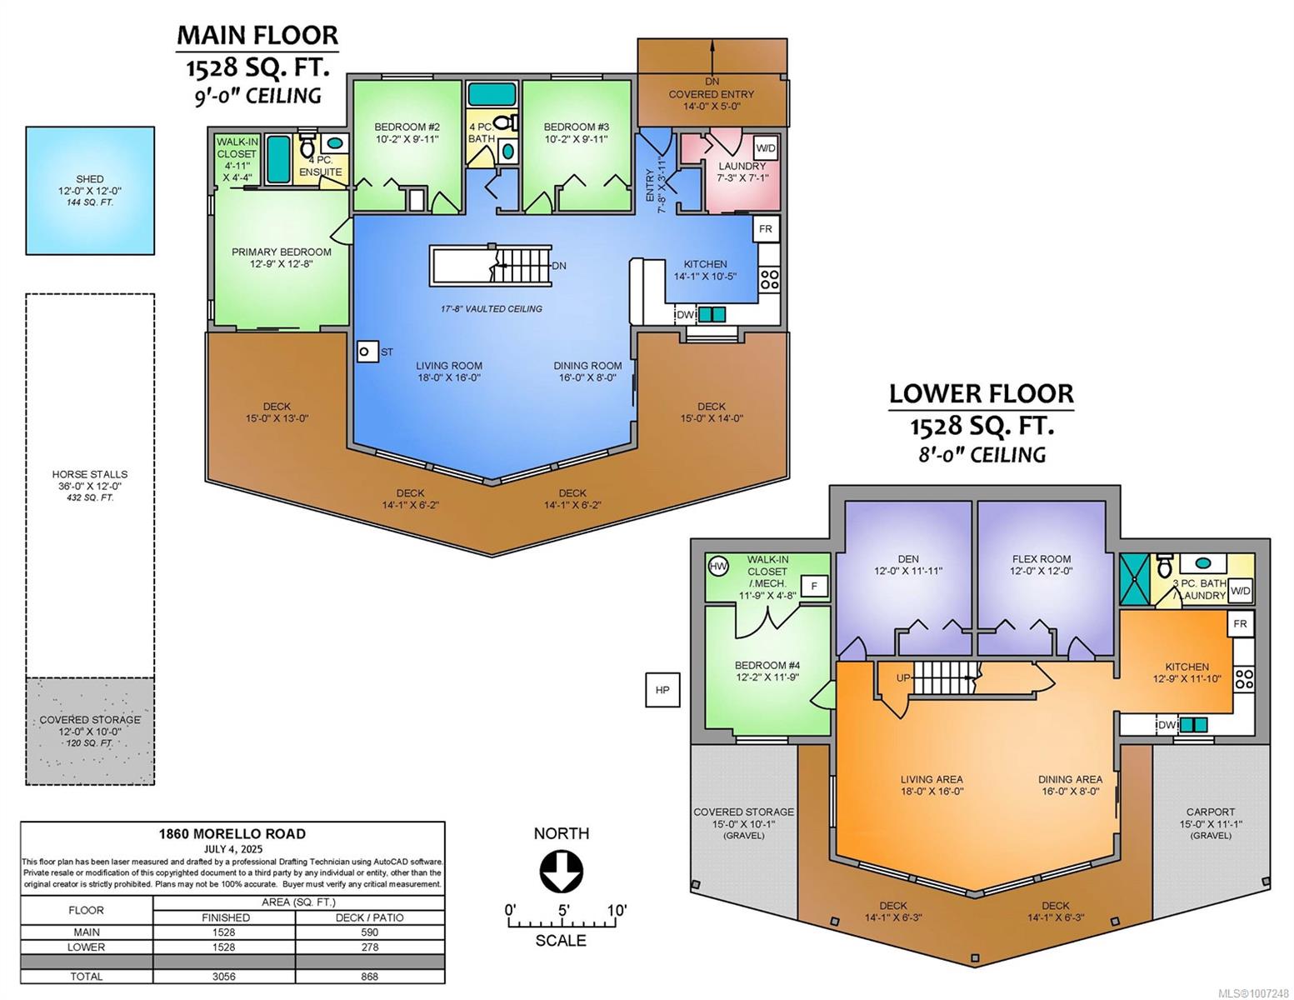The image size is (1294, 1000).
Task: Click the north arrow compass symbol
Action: click(x=561, y=872)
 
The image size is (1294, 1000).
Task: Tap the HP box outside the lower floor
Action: click(x=662, y=690)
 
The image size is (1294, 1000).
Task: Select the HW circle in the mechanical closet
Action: click(x=718, y=566)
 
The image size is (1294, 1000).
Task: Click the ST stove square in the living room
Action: click(x=367, y=352)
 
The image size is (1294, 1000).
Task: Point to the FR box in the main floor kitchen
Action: click(x=765, y=228)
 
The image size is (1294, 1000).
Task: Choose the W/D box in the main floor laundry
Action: click(x=766, y=148)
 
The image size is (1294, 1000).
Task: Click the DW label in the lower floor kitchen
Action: click(x=1167, y=725)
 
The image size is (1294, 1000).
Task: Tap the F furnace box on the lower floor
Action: click(x=814, y=586)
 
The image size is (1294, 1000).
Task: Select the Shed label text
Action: click(x=90, y=178)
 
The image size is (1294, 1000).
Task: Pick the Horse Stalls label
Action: click(x=90, y=474)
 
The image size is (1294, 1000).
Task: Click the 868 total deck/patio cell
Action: click(x=370, y=976)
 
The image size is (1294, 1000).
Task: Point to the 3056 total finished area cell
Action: click(x=224, y=976)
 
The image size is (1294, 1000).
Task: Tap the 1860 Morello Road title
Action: click(x=232, y=834)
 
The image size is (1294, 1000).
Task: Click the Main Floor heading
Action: click(x=257, y=35)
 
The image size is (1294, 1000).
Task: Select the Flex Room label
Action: click(x=1041, y=558)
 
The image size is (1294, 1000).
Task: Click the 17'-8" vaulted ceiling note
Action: click(x=492, y=308)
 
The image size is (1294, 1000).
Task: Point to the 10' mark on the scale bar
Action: click(x=617, y=910)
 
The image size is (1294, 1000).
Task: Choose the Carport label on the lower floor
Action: click(x=1211, y=812)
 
